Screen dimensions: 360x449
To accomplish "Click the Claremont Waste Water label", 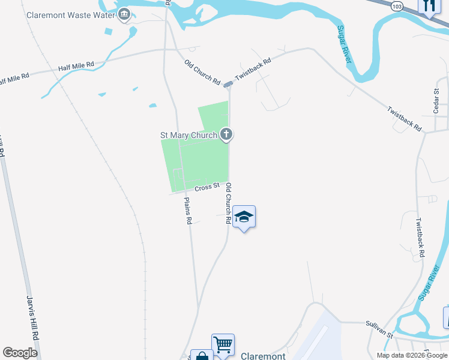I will point(70,14).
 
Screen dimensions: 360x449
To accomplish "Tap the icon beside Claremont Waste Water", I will point(124,14).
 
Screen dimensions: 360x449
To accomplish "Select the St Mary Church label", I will point(188,135).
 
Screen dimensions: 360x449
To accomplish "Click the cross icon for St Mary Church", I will point(226,134).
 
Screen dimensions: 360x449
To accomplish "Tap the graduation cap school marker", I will point(244,217).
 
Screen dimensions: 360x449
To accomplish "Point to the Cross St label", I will point(206,188).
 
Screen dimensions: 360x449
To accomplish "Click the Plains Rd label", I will point(188,211).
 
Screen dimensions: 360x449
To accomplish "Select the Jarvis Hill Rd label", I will point(32,317).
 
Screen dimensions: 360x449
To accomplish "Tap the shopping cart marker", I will point(223,344).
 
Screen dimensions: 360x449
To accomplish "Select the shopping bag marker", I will point(202,356).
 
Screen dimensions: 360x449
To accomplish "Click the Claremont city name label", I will point(263,356).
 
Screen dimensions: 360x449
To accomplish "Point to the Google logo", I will point(20,352).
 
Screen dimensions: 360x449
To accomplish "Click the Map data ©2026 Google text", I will point(411,355).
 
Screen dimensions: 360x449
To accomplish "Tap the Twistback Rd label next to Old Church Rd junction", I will point(253,70).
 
